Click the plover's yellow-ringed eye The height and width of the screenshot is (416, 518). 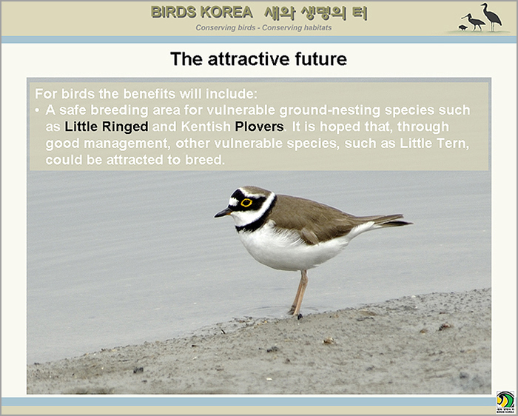pos(246,203)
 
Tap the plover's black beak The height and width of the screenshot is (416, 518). pos(223,212)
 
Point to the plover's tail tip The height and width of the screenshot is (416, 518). pos(411,224)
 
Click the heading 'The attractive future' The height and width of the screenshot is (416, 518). pos(259,59)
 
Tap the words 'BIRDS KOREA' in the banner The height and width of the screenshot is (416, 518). pos(202,13)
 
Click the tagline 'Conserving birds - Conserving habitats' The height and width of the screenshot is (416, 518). pos(263,27)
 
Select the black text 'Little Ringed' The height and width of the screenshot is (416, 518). pos(107,127)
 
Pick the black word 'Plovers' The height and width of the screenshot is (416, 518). pos(259,127)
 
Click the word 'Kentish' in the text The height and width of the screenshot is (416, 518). pos(206,127)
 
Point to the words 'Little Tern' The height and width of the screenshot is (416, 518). pos(434,144)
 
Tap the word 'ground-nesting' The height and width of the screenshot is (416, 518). pos(330,110)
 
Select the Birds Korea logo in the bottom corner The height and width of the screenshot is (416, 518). pos(505,402)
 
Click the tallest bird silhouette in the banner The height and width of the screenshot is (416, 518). pos(491,16)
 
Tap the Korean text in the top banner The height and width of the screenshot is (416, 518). pos(316,13)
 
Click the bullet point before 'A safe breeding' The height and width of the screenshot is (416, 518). pos(37,110)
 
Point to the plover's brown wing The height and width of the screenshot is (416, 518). pos(317,218)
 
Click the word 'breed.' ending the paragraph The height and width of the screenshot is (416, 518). pos(205,160)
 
